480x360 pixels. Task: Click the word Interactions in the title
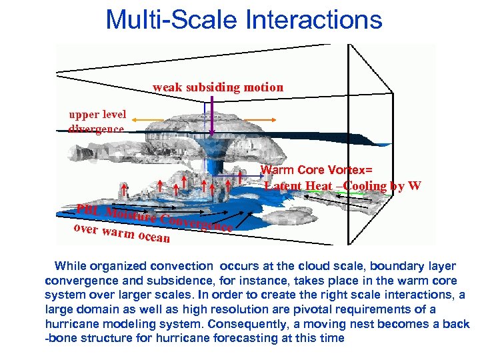click(x=314, y=19)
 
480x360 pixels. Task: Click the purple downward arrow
click(x=212, y=117)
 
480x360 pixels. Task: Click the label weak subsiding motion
click(x=218, y=87)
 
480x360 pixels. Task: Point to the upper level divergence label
click(x=97, y=121)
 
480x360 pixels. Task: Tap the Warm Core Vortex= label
click(x=316, y=171)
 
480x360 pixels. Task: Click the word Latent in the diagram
click(x=282, y=186)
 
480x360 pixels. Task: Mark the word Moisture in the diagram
click(x=131, y=215)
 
